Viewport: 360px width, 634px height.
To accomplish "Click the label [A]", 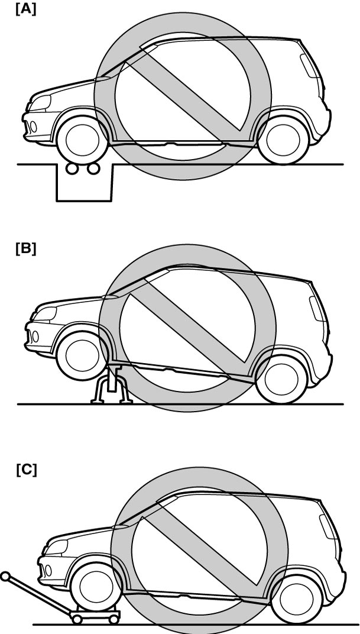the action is coord(26,9).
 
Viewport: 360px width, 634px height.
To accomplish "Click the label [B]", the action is coord(26,249).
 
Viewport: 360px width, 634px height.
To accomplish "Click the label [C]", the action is coord(26,470).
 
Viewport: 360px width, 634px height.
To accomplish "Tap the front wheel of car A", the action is coord(82,140).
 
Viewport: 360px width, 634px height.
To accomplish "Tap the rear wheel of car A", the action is coord(283,140).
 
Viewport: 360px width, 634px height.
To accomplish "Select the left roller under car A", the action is coord(72,168).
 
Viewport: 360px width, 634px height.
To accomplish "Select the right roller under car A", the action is coord(93,168).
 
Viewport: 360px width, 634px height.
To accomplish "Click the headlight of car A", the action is coord(40,103).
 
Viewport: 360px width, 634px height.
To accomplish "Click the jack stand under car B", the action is coord(112,384).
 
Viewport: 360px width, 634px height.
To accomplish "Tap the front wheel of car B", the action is coord(82,355).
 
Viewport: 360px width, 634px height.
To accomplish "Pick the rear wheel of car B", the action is coord(281,379).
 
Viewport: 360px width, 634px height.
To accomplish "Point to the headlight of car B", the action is coord(44,314).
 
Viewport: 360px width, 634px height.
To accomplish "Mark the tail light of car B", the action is coord(318,309).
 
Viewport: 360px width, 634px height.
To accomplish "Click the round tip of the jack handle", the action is coord(5,576).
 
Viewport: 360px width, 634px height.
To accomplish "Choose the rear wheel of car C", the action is coord(297,600).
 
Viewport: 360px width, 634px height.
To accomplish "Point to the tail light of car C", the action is coord(327,526).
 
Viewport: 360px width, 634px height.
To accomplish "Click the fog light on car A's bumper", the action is coord(33,127).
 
